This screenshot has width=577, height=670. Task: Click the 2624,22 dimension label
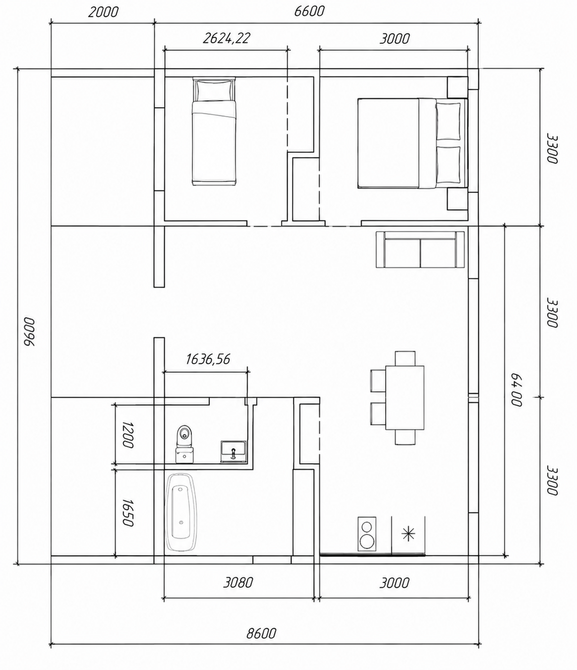click(227, 38)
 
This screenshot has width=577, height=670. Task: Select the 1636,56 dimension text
click(208, 359)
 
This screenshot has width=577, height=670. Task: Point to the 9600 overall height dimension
click(29, 332)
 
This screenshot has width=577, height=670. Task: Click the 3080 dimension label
click(238, 583)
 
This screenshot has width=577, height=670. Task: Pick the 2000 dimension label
click(103, 12)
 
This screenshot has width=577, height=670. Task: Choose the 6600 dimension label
click(309, 11)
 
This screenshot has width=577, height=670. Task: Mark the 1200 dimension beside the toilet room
click(128, 434)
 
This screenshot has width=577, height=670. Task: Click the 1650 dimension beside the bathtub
click(128, 513)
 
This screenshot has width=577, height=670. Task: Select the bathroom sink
click(233, 451)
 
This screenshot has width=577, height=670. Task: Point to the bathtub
click(181, 512)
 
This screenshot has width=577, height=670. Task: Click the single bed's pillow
click(214, 90)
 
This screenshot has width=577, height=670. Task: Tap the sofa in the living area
click(420, 249)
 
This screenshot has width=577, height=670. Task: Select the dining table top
click(405, 398)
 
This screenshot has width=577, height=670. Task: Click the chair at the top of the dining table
click(405, 359)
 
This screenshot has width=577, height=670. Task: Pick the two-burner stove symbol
click(367, 534)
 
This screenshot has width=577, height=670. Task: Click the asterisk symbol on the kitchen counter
click(408, 534)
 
